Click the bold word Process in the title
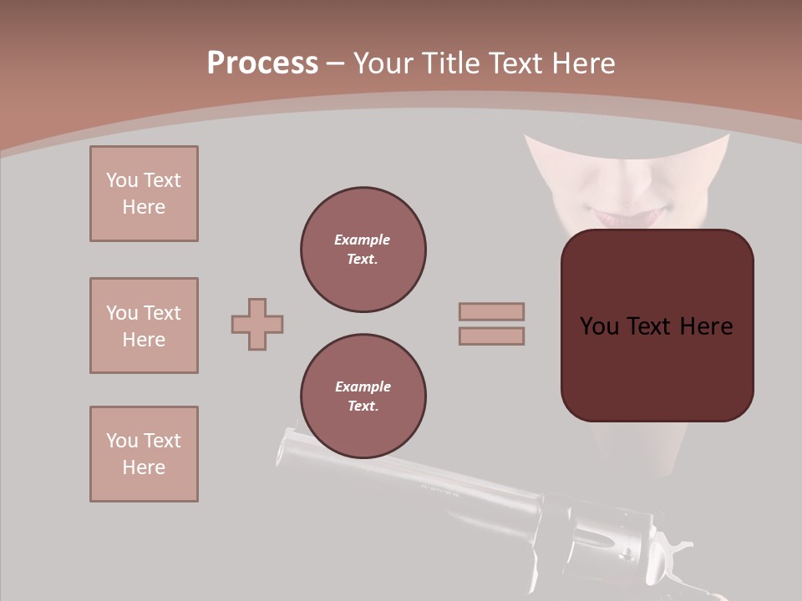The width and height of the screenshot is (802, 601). pyautogui.click(x=262, y=63)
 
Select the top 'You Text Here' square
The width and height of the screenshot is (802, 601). pyautogui.click(x=144, y=194)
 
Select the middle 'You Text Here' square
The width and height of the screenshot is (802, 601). pyautogui.click(x=144, y=326)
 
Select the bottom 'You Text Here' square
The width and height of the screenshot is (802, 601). pyautogui.click(x=144, y=454)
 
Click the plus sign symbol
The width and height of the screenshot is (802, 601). pyautogui.click(x=257, y=324)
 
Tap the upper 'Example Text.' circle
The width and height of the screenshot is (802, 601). pyautogui.click(x=363, y=250)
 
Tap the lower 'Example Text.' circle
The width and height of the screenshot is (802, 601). pyautogui.click(x=363, y=396)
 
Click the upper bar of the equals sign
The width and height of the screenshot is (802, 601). pyautogui.click(x=491, y=312)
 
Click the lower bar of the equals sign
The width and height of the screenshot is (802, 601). pyautogui.click(x=491, y=336)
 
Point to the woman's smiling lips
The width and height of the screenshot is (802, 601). pyautogui.click(x=618, y=216)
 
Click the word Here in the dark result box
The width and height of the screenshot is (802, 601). pyautogui.click(x=706, y=326)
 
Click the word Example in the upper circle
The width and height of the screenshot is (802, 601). pyautogui.click(x=362, y=240)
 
